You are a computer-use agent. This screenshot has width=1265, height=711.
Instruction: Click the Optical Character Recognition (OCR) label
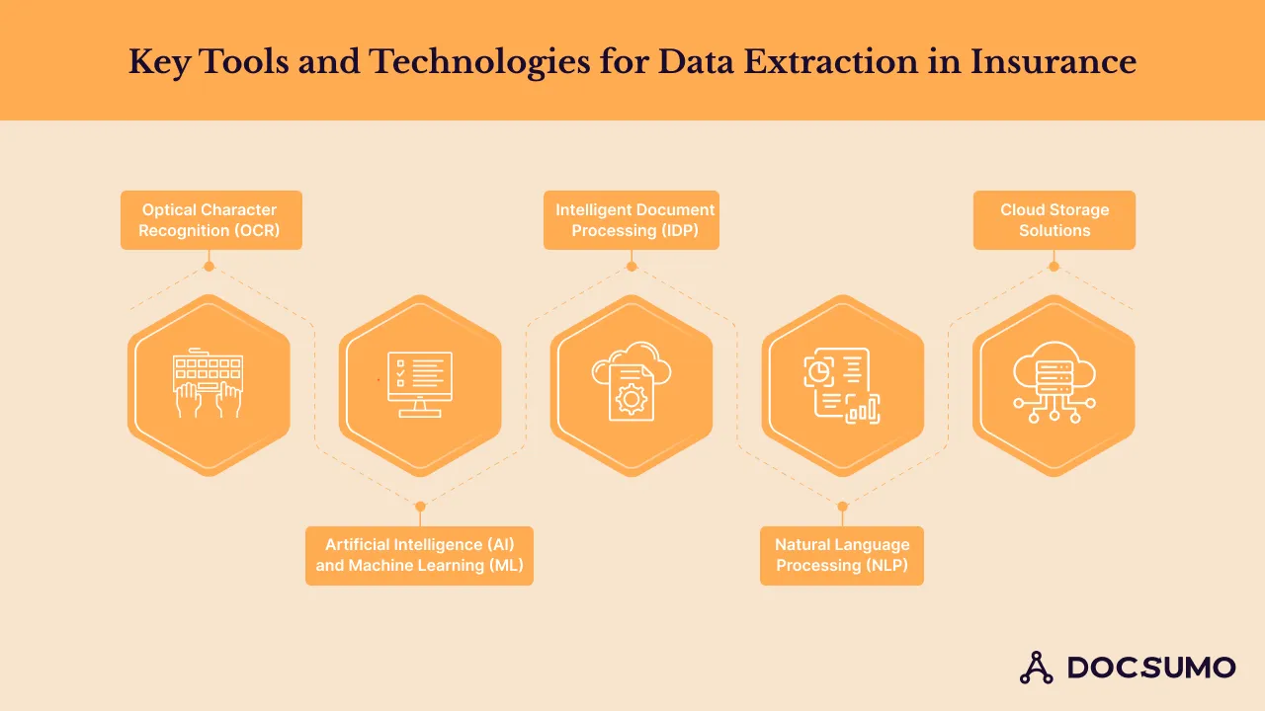tap(211, 220)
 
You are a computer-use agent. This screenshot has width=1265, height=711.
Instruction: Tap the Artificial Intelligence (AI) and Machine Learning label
tap(419, 555)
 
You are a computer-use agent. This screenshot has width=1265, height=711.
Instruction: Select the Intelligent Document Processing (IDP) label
tap(632, 220)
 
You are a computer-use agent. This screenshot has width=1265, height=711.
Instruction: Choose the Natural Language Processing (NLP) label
tap(842, 555)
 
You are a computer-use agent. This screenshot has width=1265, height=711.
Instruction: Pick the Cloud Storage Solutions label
tap(1054, 220)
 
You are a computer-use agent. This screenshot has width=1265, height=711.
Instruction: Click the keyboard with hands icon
tap(209, 383)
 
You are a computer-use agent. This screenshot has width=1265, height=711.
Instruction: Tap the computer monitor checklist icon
tap(420, 384)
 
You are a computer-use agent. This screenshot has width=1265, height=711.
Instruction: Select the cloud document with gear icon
tap(632, 383)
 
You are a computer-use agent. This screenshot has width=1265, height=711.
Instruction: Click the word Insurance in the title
tap(1054, 62)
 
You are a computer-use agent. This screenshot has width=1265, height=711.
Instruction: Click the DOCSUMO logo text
tap(1151, 668)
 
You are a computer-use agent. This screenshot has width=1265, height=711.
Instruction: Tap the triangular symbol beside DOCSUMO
tap(1036, 668)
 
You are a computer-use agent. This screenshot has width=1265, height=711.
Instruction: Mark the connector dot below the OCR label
tap(209, 267)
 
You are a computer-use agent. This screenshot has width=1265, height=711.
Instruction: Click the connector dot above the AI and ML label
tap(420, 507)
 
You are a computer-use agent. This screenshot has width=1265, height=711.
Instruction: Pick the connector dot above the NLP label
tap(842, 507)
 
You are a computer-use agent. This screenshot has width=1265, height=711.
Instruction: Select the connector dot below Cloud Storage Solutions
tap(1054, 267)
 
